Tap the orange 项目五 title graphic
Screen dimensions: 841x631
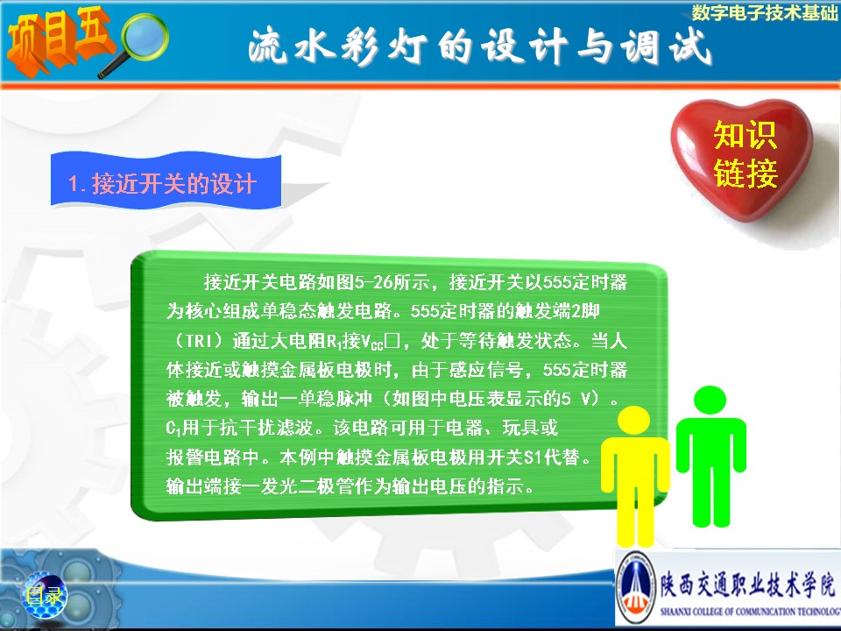point(59,40)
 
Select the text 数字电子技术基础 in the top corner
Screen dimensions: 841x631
point(764,12)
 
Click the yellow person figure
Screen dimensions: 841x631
point(634,476)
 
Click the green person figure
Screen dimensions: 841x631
point(710,456)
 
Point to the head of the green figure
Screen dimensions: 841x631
point(710,401)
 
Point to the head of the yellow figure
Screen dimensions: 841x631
point(634,420)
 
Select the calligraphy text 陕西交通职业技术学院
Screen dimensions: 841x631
point(747,585)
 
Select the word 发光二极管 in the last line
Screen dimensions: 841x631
point(307,486)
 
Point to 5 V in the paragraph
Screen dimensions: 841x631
point(579,398)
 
